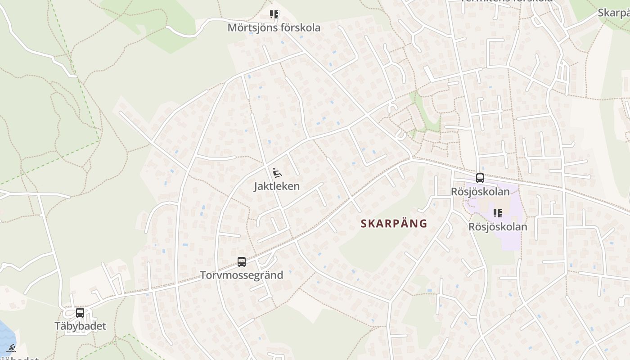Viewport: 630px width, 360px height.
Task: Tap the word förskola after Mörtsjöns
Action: tap(301, 28)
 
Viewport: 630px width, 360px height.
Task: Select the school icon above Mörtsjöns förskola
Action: tap(274, 15)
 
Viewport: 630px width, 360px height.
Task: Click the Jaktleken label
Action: tap(277, 186)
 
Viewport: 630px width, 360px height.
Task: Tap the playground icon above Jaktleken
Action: tap(277, 173)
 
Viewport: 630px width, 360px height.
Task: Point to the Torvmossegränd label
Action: tap(242, 275)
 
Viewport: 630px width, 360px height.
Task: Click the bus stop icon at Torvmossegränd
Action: tap(242, 261)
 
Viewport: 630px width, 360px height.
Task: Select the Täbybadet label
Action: tap(80, 326)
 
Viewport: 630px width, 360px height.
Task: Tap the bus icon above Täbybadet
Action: tap(80, 312)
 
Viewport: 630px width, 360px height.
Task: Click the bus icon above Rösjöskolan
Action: tap(480, 178)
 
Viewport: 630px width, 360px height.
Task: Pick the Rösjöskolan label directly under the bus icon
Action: tap(480, 192)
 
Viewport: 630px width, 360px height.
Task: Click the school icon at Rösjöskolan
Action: tap(497, 213)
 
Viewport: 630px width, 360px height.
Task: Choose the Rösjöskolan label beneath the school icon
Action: tap(498, 226)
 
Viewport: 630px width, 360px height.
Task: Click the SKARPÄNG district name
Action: tap(394, 224)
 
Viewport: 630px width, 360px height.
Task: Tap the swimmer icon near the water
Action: tap(12, 348)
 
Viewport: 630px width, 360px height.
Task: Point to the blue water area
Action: tap(5, 335)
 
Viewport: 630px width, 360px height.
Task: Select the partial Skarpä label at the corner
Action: tap(614, 13)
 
